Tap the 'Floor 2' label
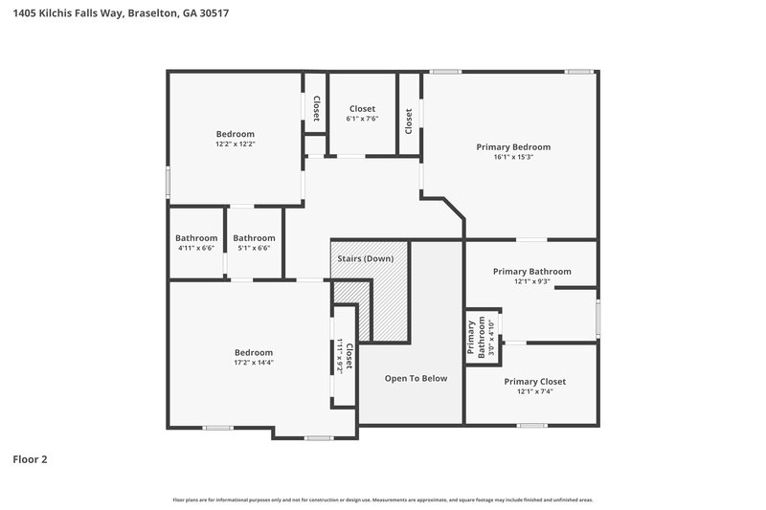pyautogui.click(x=30, y=459)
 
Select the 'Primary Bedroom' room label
pyautogui.click(x=513, y=146)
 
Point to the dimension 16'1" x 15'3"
pyautogui.click(x=513, y=157)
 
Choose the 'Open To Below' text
pyautogui.click(x=416, y=378)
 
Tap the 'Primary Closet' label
pyautogui.click(x=534, y=381)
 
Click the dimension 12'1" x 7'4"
pyautogui.click(x=534, y=391)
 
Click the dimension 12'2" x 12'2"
pyautogui.click(x=235, y=144)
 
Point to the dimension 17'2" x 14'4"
pyautogui.click(x=254, y=363)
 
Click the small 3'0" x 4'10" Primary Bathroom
pyautogui.click(x=483, y=337)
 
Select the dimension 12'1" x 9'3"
pyautogui.click(x=531, y=281)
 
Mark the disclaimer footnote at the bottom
pyautogui.click(x=382, y=499)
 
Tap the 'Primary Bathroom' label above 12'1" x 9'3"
pyautogui.click(x=531, y=271)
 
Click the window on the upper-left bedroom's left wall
pyautogui.click(x=169, y=181)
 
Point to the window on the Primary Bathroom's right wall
pyautogui.click(x=597, y=319)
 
